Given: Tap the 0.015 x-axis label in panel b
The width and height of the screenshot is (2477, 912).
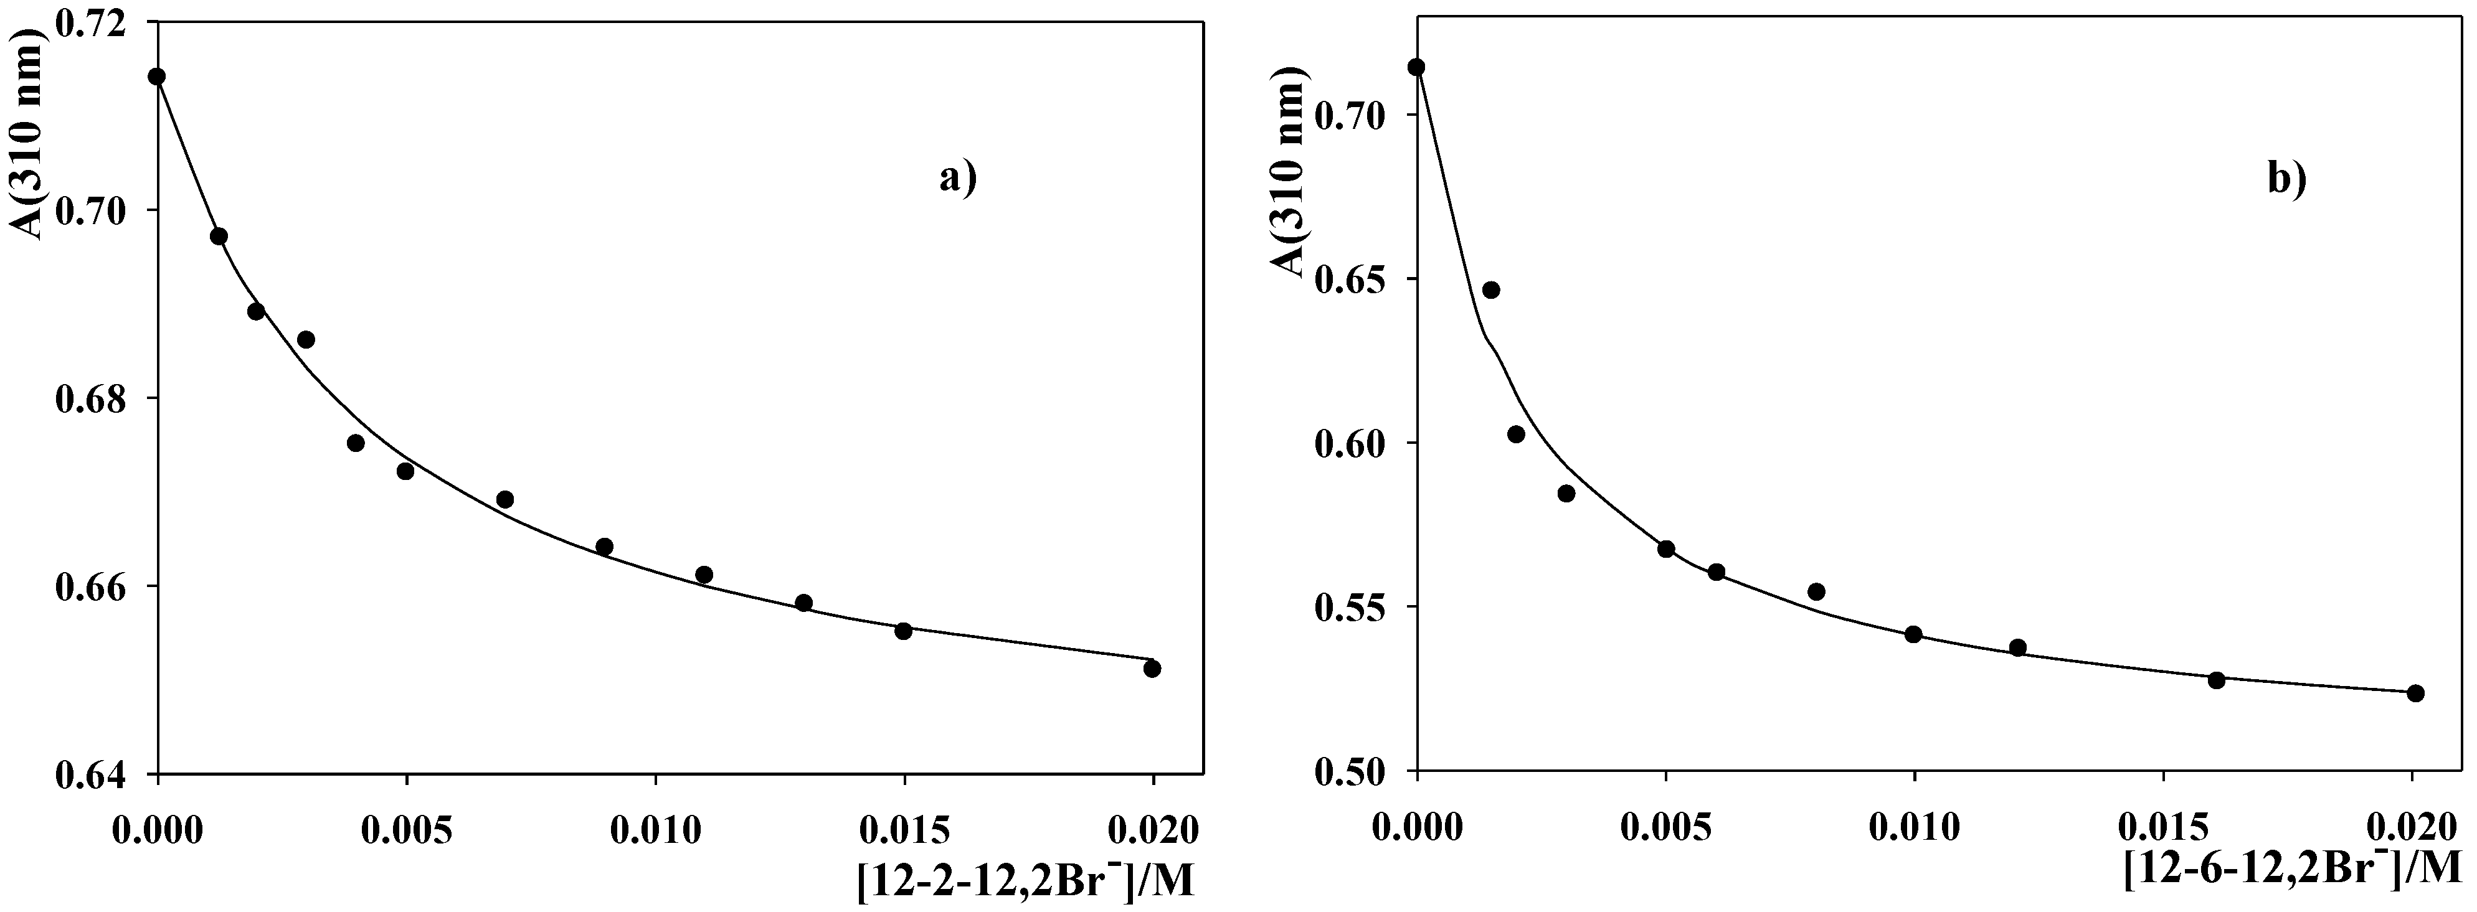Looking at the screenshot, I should [x=2162, y=827].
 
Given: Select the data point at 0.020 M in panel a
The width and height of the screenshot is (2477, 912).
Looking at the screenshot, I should [x=1152, y=668].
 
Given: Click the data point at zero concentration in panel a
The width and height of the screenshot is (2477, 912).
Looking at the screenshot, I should [x=157, y=77].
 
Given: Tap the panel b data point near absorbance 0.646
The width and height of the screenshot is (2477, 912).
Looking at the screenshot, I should [x=1490, y=290].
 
